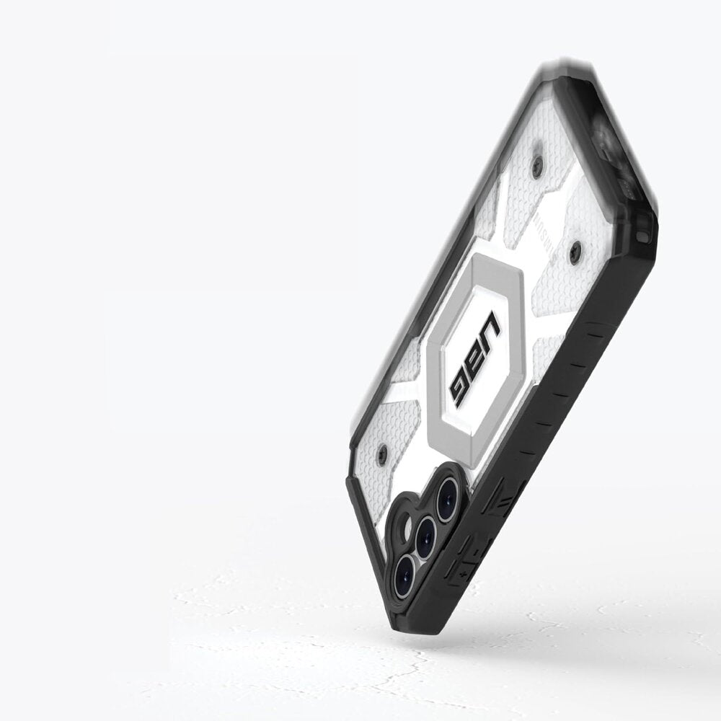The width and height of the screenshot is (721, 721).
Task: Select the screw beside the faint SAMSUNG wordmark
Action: click(575, 252)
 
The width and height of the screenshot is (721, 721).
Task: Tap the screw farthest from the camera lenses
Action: click(537, 165)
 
